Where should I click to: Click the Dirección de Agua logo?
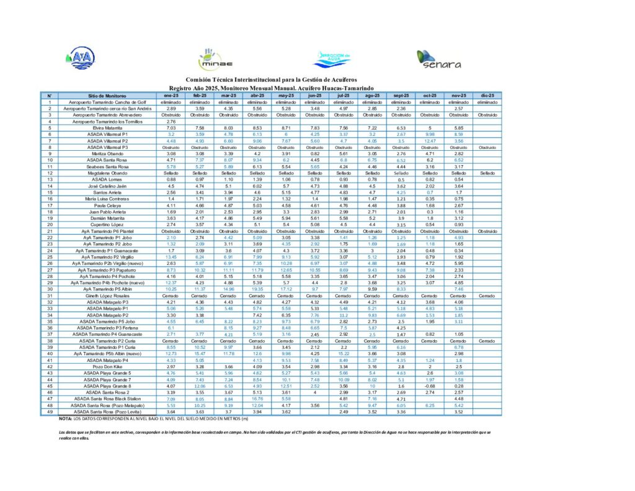click(x=333, y=58)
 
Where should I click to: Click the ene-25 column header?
click(x=172, y=96)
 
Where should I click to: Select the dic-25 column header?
click(x=487, y=96)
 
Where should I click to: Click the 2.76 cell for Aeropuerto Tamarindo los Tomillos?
click(x=172, y=122)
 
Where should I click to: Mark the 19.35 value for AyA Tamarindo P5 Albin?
click(x=257, y=289)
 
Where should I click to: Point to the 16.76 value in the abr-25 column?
click(x=257, y=399)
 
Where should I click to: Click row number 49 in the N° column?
click(x=49, y=412)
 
